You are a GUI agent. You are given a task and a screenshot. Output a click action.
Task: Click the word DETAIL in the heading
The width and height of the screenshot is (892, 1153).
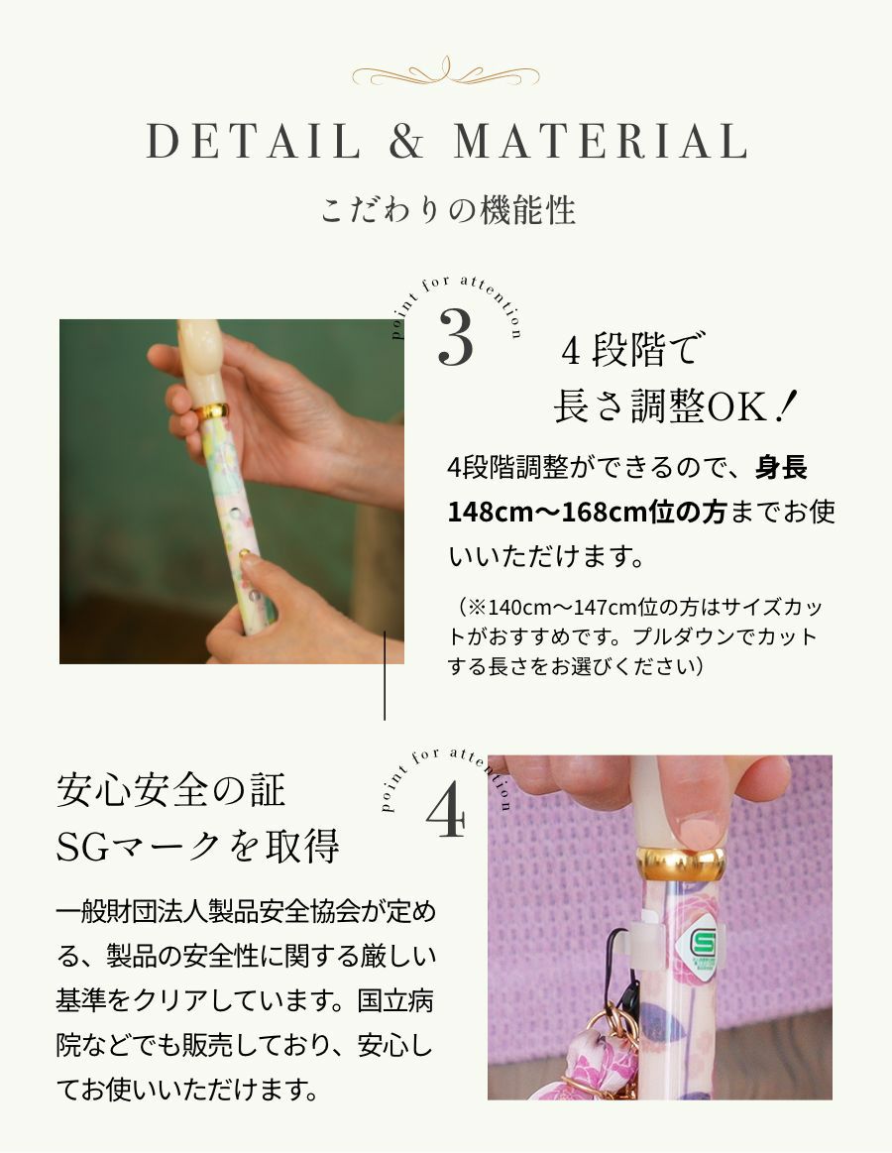pos(254,142)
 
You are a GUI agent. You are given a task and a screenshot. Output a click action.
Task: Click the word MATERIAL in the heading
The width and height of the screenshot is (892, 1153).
pos(600,142)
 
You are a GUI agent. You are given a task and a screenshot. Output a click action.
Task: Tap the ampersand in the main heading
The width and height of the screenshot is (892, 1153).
pos(406,142)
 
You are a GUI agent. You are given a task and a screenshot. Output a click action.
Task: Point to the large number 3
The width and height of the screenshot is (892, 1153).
pos(456,340)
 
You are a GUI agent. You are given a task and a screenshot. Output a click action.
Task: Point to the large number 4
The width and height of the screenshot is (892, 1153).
pos(445,814)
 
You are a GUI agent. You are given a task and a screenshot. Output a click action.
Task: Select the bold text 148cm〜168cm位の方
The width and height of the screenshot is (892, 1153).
pos(588,514)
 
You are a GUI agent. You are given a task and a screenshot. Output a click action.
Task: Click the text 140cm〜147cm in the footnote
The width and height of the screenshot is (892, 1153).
pos(542,608)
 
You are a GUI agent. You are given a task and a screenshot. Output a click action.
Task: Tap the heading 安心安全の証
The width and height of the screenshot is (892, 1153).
pos(171,791)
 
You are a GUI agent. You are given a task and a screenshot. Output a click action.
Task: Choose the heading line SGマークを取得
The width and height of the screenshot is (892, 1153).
pos(198,847)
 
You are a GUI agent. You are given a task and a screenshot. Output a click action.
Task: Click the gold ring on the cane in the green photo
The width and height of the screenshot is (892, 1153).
pos(210,409)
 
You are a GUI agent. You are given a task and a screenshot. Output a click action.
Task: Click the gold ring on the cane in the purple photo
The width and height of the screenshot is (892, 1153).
pos(679,861)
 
